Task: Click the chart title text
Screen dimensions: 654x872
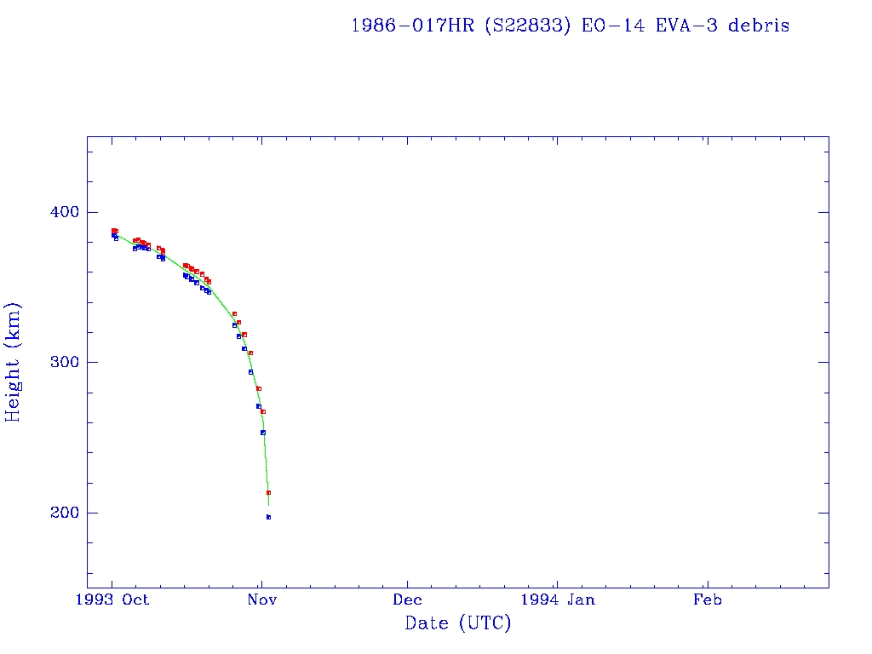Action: click(x=570, y=26)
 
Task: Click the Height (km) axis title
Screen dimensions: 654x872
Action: click(x=14, y=362)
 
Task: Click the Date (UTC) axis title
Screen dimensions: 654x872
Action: click(x=458, y=624)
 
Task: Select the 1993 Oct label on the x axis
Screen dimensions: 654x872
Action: click(x=112, y=600)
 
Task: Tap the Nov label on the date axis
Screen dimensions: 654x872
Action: click(x=261, y=600)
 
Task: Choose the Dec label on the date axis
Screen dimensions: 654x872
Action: click(x=407, y=600)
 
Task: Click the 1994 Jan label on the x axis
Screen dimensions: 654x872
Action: click(x=557, y=600)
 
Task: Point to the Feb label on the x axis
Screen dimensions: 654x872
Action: click(x=707, y=600)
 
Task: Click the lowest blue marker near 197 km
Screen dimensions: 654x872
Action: click(x=268, y=517)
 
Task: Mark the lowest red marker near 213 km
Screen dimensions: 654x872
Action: click(x=268, y=492)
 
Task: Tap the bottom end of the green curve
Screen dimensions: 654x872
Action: click(x=268, y=505)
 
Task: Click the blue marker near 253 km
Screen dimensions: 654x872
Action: click(x=263, y=433)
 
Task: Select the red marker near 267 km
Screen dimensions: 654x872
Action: click(x=263, y=411)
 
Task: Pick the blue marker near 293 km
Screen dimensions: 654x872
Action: click(x=250, y=371)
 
